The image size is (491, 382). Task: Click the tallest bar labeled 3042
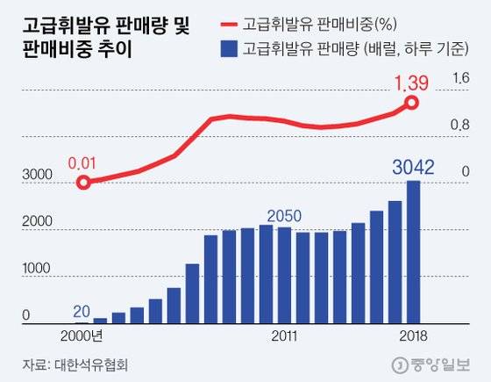coord(413,252)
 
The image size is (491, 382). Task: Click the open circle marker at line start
coord(83,183)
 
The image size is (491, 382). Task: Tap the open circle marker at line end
coord(412,104)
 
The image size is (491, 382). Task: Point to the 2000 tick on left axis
coord(37,224)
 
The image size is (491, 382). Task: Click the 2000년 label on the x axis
coord(82,336)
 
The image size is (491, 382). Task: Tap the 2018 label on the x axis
coord(411,336)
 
